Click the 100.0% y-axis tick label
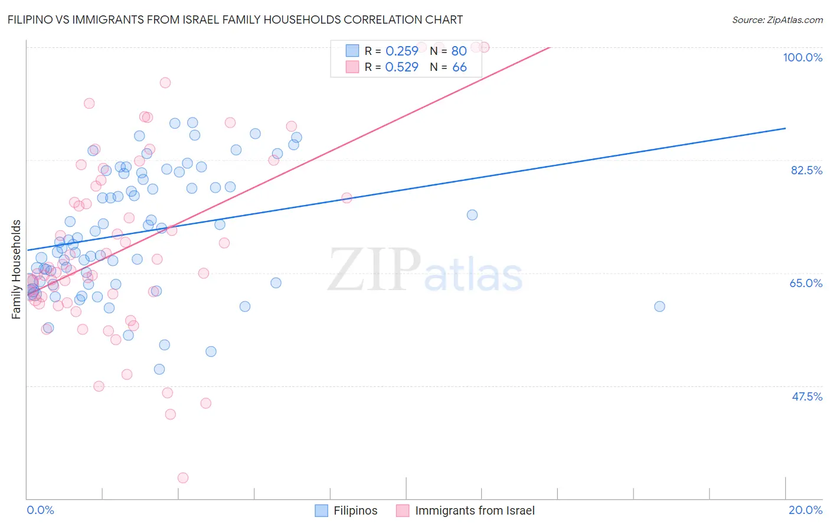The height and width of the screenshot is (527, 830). tap(802, 57)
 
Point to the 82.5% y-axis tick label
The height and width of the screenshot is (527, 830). tap(806, 170)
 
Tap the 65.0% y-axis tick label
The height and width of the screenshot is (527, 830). tap(806, 283)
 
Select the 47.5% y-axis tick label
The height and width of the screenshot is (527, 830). tap(807, 396)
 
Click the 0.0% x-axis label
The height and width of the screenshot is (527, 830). tap(40, 510)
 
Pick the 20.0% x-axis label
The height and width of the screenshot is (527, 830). tap(805, 510)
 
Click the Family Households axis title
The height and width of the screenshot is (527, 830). tap(17, 269)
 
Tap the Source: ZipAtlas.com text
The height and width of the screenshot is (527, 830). tap(777, 19)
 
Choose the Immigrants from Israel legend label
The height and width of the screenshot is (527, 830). tap(475, 510)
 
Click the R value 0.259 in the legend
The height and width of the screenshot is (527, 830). tap(401, 51)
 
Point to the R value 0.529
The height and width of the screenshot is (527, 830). tap(401, 67)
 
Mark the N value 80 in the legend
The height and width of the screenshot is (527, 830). tap(459, 51)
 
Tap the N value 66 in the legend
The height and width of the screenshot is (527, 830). tap(459, 67)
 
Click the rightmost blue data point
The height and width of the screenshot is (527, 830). tap(659, 307)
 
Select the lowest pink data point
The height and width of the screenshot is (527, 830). tap(183, 477)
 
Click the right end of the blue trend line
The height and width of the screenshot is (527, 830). tap(785, 128)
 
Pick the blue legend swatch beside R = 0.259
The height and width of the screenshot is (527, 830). tap(352, 51)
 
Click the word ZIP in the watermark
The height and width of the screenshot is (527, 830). tap(374, 270)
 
